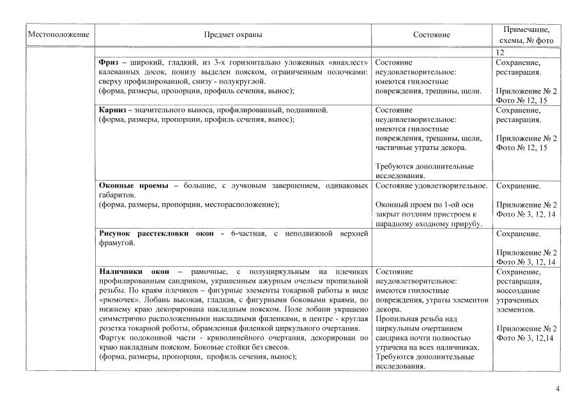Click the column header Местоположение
[57, 35]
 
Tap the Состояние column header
[431, 35]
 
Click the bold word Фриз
[109, 63]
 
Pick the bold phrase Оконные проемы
[133, 186]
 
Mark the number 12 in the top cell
[499, 52]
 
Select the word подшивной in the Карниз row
[310, 110]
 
